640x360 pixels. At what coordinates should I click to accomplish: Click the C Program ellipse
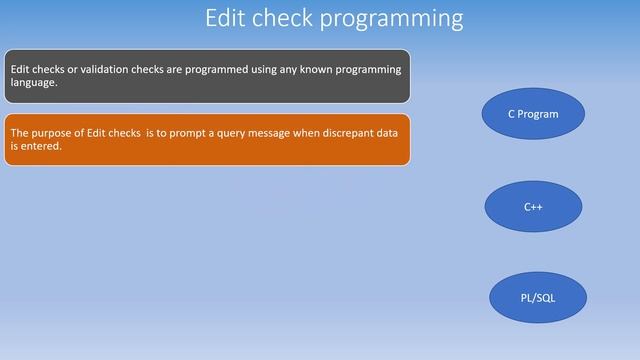click(533, 114)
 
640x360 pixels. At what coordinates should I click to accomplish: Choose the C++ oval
click(533, 207)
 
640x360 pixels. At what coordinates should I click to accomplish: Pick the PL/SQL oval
click(537, 298)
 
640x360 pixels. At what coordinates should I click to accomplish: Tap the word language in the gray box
click(33, 83)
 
